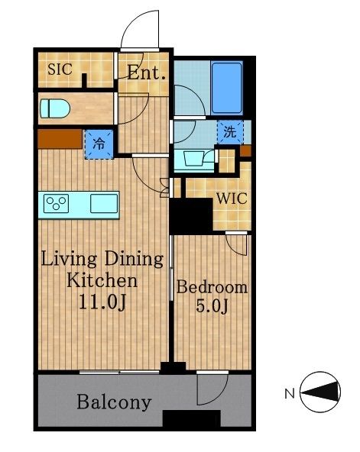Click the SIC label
[x=60, y=69]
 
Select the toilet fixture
[x=55, y=108]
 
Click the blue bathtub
[x=226, y=88]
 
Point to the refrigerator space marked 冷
[x=99, y=144]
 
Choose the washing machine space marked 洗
[x=230, y=132]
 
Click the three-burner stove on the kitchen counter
[x=57, y=203]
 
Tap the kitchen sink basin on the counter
[x=104, y=203]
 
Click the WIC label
[x=232, y=199]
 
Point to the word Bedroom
[x=212, y=287]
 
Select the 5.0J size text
[x=212, y=306]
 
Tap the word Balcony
[x=114, y=402]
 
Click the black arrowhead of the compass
[x=320, y=392]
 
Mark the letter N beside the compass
[x=290, y=394]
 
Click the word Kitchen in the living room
[x=102, y=280]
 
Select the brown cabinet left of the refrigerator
[x=60, y=139]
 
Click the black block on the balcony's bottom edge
[x=192, y=418]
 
